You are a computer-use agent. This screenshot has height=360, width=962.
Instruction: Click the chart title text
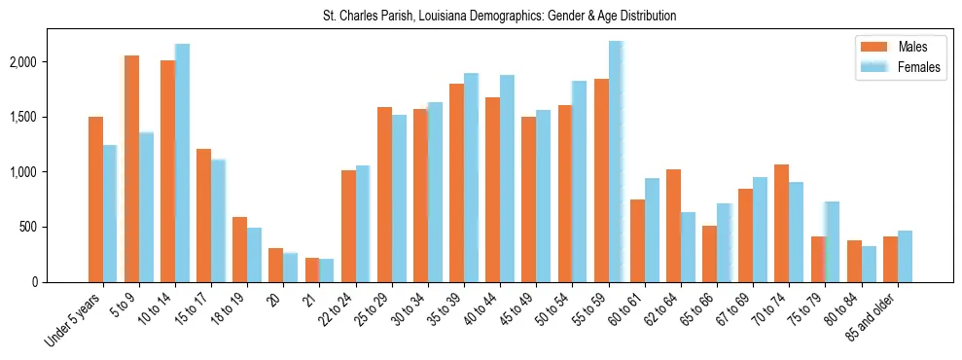click(x=499, y=17)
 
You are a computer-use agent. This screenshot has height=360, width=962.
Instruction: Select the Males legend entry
click(x=911, y=47)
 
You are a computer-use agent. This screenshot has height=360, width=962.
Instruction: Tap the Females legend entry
click(x=919, y=67)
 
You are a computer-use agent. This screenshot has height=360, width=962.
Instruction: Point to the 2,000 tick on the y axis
click(x=51, y=62)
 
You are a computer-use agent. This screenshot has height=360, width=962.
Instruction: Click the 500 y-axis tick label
click(x=55, y=228)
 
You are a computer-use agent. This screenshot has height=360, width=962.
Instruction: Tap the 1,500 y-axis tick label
click(x=51, y=118)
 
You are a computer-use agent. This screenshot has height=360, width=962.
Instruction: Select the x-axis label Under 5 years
click(x=72, y=321)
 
